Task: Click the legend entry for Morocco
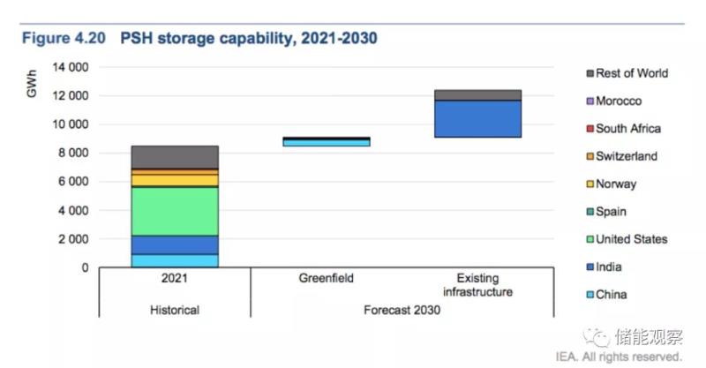pos(618,101)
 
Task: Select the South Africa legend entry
pos(627,129)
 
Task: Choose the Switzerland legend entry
pos(626,156)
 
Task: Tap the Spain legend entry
pos(612,212)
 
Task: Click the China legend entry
pos(612,295)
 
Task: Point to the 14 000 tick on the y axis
pos(68,67)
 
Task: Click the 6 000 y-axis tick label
pos(71,182)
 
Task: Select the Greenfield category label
pos(327,279)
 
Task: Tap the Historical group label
pos(174,311)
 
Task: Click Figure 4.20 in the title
pos(64,39)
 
